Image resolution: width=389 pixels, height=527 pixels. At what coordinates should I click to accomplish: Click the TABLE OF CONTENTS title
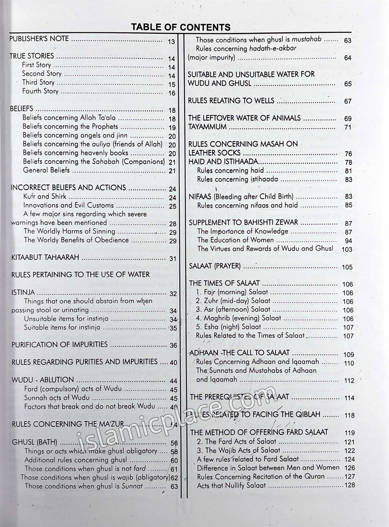coord(181,27)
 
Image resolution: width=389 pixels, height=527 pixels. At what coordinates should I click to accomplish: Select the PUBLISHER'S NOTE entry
coord(39,39)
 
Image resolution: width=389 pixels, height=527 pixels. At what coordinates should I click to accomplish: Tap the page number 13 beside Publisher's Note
coord(171,42)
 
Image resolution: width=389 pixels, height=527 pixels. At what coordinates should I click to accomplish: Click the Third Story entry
coord(38,83)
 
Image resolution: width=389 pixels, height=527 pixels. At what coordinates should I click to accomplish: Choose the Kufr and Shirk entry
coord(45,196)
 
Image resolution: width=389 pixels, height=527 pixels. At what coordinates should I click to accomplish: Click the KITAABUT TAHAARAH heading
coord(45,258)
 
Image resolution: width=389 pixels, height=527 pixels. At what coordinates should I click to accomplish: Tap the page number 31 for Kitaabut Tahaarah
coord(173,259)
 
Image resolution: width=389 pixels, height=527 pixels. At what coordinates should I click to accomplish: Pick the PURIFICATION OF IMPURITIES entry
coord(59,344)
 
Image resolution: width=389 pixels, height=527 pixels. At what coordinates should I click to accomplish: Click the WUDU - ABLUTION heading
coord(42,380)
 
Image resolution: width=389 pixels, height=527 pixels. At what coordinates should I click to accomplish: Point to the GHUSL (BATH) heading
coord(34,442)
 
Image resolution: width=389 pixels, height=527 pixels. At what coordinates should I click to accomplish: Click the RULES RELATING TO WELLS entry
coord(231,101)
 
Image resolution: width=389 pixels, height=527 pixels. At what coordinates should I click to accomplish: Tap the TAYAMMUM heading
coord(207,127)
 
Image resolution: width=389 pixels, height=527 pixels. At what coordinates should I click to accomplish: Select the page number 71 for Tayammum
coord(348,128)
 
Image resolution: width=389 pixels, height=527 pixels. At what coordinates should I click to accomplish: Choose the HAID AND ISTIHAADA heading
coord(223,162)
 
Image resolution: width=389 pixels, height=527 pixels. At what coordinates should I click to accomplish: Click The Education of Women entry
coord(235,240)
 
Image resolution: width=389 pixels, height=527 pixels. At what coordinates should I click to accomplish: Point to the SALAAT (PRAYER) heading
coord(215,266)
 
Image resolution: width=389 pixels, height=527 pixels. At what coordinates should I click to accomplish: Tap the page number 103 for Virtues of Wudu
coord(347,250)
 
